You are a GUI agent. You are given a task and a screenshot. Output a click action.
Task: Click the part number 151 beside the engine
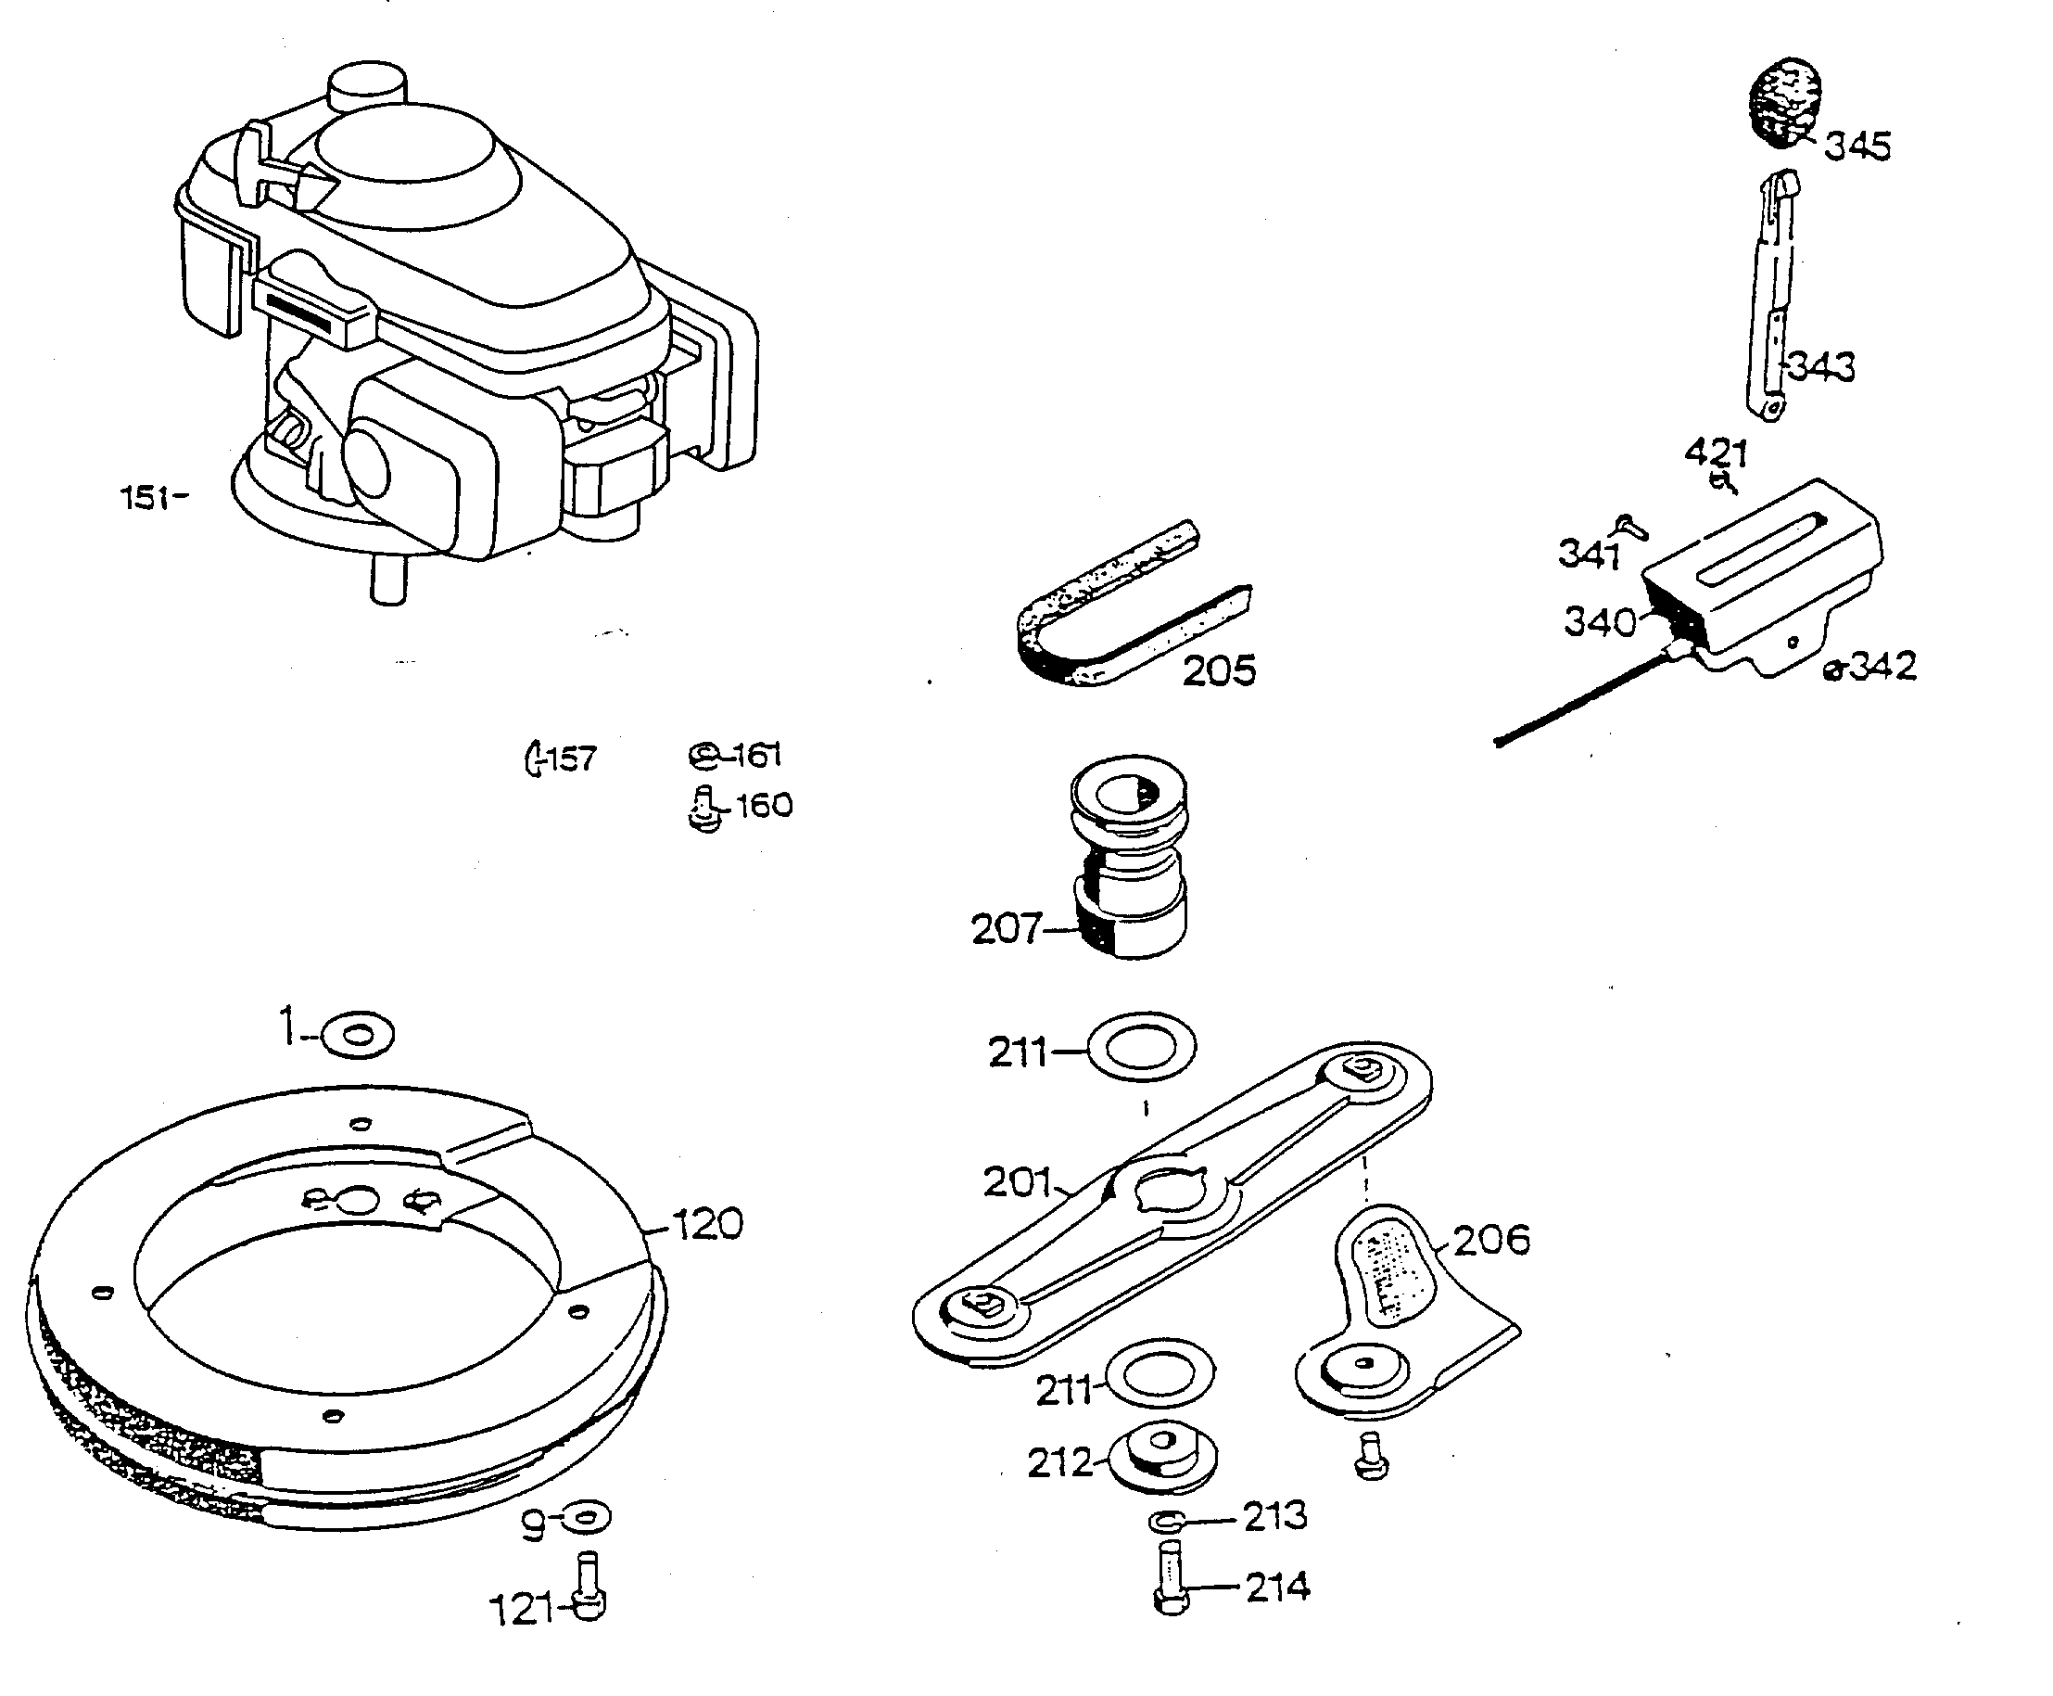click(x=145, y=497)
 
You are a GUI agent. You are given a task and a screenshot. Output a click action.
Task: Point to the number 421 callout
click(x=1715, y=453)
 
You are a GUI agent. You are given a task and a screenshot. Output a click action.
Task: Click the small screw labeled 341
click(x=1631, y=528)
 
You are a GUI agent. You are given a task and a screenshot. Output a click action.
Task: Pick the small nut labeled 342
click(x=1834, y=670)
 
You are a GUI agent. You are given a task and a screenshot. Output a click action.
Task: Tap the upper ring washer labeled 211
click(x=1141, y=1046)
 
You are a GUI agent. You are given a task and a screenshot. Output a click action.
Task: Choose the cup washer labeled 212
click(x=1162, y=1455)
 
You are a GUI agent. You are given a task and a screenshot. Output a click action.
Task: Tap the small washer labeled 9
click(x=588, y=1518)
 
